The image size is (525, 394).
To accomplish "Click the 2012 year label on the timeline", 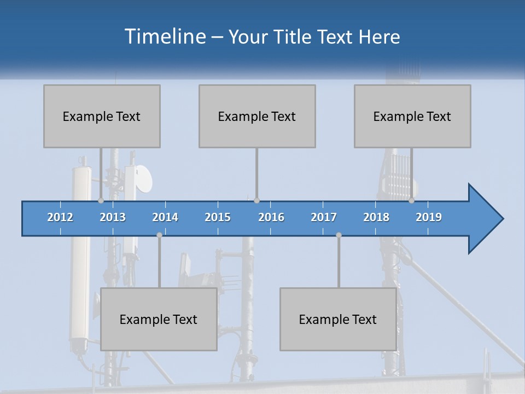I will [60, 217].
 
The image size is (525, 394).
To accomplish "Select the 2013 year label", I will [113, 217].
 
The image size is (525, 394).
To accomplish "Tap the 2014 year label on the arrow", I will [165, 217].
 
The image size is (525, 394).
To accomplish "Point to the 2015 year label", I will [218, 217].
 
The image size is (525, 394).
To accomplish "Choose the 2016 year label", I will [271, 217].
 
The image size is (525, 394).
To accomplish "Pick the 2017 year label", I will [324, 217].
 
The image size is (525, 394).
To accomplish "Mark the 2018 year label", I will [376, 217].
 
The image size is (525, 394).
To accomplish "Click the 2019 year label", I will [429, 217].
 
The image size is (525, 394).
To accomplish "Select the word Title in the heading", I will [294, 37].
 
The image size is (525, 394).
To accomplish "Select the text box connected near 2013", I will [102, 116].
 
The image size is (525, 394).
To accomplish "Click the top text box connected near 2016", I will [257, 116].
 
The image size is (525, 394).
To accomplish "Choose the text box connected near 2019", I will [412, 116].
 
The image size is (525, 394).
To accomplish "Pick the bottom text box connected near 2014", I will [159, 319].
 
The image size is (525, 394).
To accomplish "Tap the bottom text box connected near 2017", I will [338, 319].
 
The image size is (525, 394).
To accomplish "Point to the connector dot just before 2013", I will [101, 200].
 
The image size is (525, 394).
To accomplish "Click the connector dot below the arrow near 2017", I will [339, 235].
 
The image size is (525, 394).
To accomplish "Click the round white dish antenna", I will [144, 178].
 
